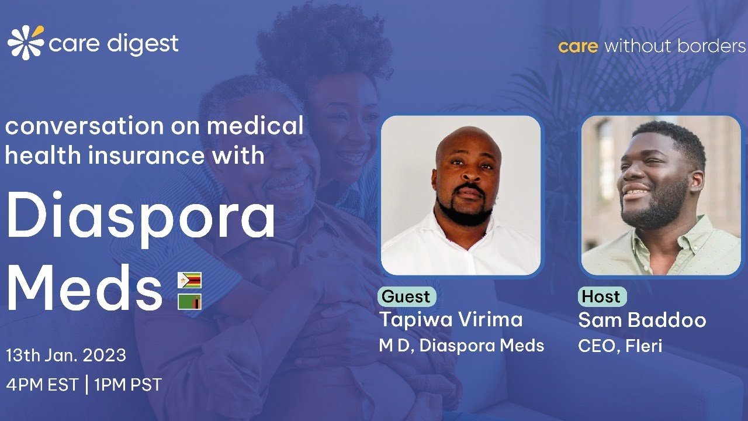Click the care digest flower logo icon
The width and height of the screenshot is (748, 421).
pyautogui.click(x=26, y=43)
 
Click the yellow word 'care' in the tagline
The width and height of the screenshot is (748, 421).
pyautogui.click(x=577, y=46)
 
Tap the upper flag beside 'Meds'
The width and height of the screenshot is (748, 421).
pyautogui.click(x=189, y=281)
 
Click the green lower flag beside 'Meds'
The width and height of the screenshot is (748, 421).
pyautogui.click(x=189, y=302)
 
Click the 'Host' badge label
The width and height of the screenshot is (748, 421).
pyautogui.click(x=601, y=296)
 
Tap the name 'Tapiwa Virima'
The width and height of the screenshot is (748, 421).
pyautogui.click(x=451, y=320)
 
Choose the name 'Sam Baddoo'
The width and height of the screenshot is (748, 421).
pyautogui.click(x=642, y=320)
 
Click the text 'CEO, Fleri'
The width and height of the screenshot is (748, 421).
pyautogui.click(x=620, y=346)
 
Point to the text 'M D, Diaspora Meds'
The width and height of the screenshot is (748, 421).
pyautogui.click(x=462, y=346)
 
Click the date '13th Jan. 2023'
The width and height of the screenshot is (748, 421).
pyautogui.click(x=66, y=356)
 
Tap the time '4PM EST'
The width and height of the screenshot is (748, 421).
pyautogui.click(x=41, y=385)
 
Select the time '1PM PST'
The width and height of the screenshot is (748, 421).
pyautogui.click(x=128, y=385)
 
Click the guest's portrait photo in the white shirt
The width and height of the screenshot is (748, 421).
pyautogui.click(x=461, y=195)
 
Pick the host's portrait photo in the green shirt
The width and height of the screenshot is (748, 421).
pyautogui.click(x=661, y=195)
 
